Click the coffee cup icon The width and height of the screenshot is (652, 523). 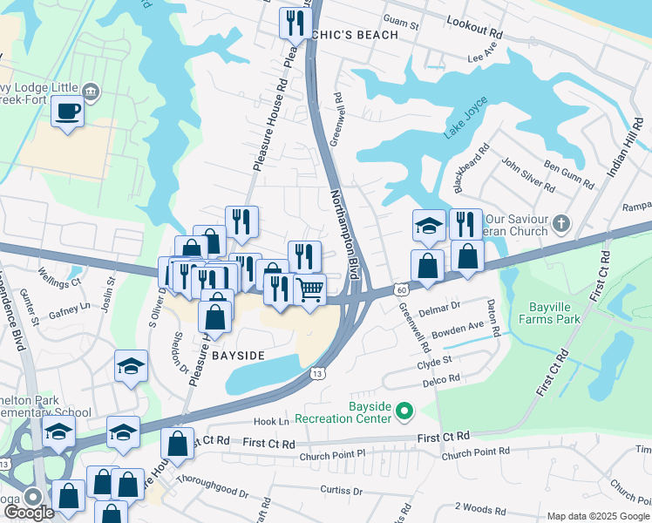point(67,111)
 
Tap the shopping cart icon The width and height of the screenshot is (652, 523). point(311,289)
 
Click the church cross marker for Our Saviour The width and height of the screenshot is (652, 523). point(561,224)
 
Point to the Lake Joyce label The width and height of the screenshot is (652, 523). point(462,126)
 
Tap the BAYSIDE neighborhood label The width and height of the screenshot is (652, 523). point(237,356)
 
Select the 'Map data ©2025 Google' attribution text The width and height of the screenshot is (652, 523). point(598,516)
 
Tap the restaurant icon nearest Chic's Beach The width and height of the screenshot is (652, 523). point(295,22)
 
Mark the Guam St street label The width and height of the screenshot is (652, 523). point(403,27)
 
